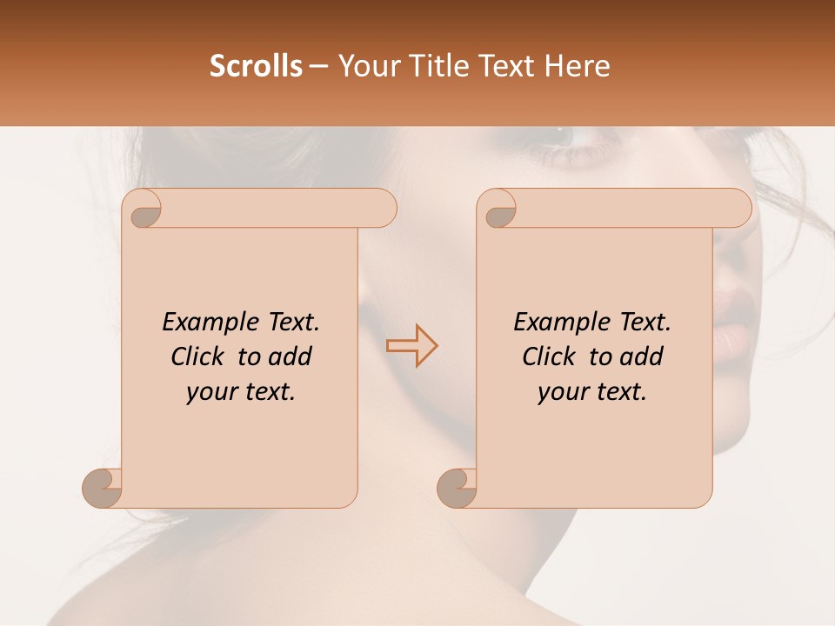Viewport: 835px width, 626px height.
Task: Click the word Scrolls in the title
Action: coord(256,66)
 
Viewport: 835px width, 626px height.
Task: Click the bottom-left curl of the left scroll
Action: coord(103,488)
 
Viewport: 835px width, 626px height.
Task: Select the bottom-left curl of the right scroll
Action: coord(458,488)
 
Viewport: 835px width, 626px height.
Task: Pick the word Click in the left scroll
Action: coord(190,356)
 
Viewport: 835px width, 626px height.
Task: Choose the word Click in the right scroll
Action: coord(542,356)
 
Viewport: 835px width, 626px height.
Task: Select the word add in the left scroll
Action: coord(291,356)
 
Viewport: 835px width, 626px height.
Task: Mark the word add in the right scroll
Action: coord(642,356)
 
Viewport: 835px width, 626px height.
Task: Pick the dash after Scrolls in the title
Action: coord(318,67)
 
